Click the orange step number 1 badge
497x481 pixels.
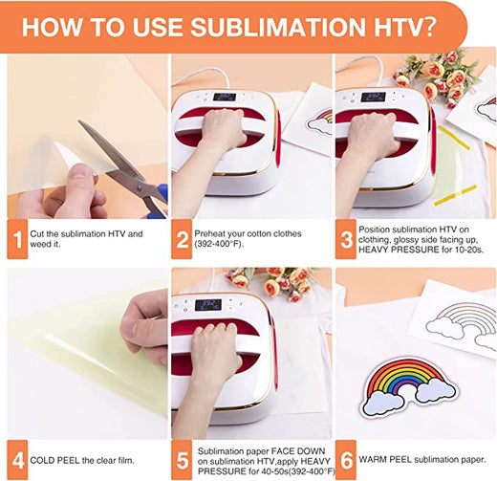pos(17,239)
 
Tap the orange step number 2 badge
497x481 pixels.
pos(182,239)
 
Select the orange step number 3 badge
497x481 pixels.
pos(345,239)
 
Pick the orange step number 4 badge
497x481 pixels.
pos(17,457)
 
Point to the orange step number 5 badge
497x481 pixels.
pos(182,457)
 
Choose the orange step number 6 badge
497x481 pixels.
pos(345,457)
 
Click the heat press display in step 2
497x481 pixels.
pos(225,97)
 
